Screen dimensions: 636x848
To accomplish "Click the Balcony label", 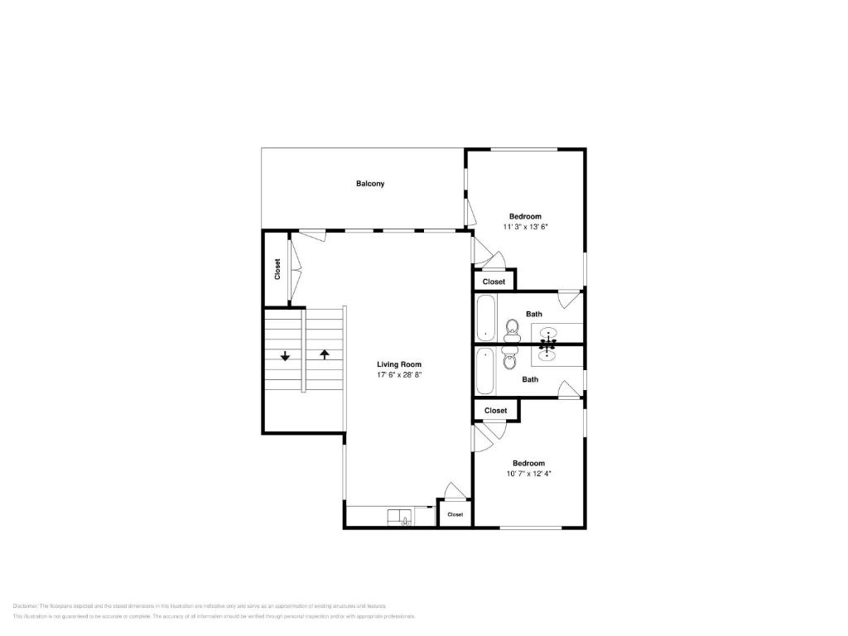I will (x=370, y=184).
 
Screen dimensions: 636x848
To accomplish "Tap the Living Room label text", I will (x=399, y=364).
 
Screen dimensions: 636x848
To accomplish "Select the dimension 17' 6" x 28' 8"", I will (x=399, y=375).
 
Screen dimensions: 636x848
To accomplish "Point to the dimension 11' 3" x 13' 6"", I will (x=525, y=226).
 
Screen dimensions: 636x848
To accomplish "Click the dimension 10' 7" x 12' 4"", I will (x=528, y=474).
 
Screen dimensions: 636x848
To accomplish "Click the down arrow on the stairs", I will (x=285, y=356).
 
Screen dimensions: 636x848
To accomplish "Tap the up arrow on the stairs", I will (x=325, y=354).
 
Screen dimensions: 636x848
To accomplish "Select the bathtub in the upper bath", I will (x=485, y=319).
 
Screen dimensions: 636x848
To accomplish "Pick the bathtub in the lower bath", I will (x=485, y=371).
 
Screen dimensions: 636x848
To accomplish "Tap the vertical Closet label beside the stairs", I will (x=277, y=269).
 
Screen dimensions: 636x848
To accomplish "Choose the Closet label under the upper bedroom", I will (x=494, y=282).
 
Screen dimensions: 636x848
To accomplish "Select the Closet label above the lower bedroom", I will (x=495, y=411).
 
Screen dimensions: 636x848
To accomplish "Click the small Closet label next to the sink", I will (x=455, y=514).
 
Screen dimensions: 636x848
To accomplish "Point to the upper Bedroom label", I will (x=525, y=216).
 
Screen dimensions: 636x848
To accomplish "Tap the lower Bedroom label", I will (x=528, y=463).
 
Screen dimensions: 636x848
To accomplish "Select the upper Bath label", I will (x=534, y=314).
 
